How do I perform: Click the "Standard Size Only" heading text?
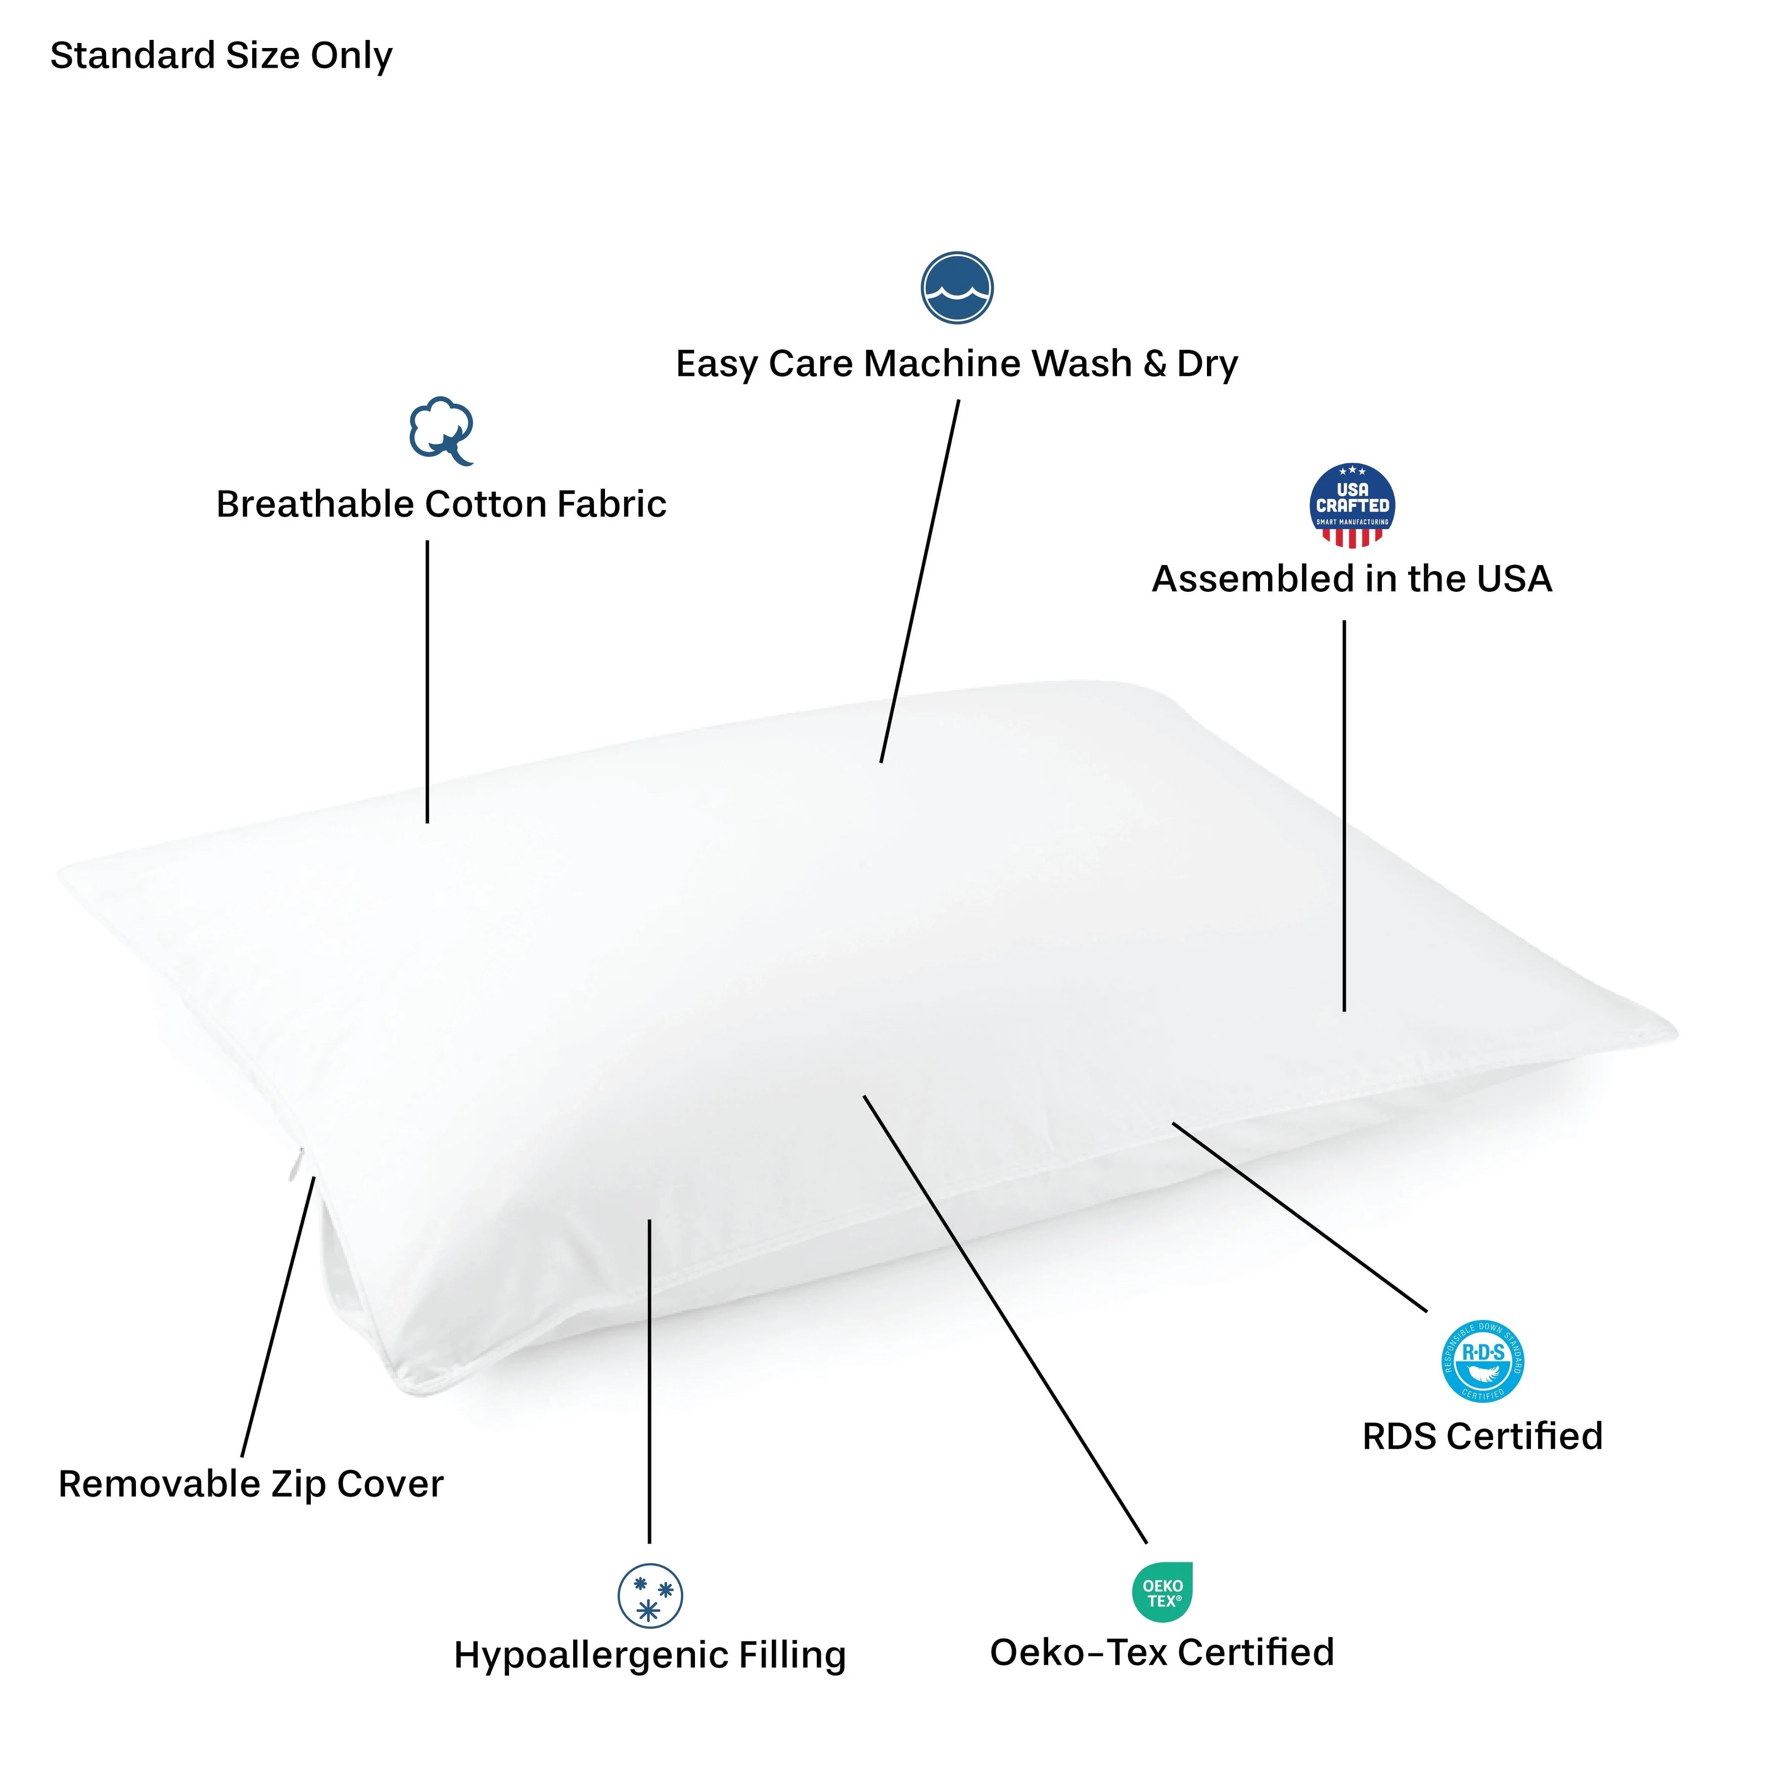tap(221, 56)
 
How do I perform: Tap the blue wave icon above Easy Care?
tap(957, 288)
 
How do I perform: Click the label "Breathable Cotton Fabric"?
tap(440, 504)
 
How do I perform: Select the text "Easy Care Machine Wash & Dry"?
tap(957, 363)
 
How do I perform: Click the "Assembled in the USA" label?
tap(1352, 579)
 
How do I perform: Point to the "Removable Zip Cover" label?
tap(250, 1484)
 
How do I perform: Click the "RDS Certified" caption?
tap(1482, 1436)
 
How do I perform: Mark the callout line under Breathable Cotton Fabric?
tap(428, 682)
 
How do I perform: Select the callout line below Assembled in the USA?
tap(1344, 815)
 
